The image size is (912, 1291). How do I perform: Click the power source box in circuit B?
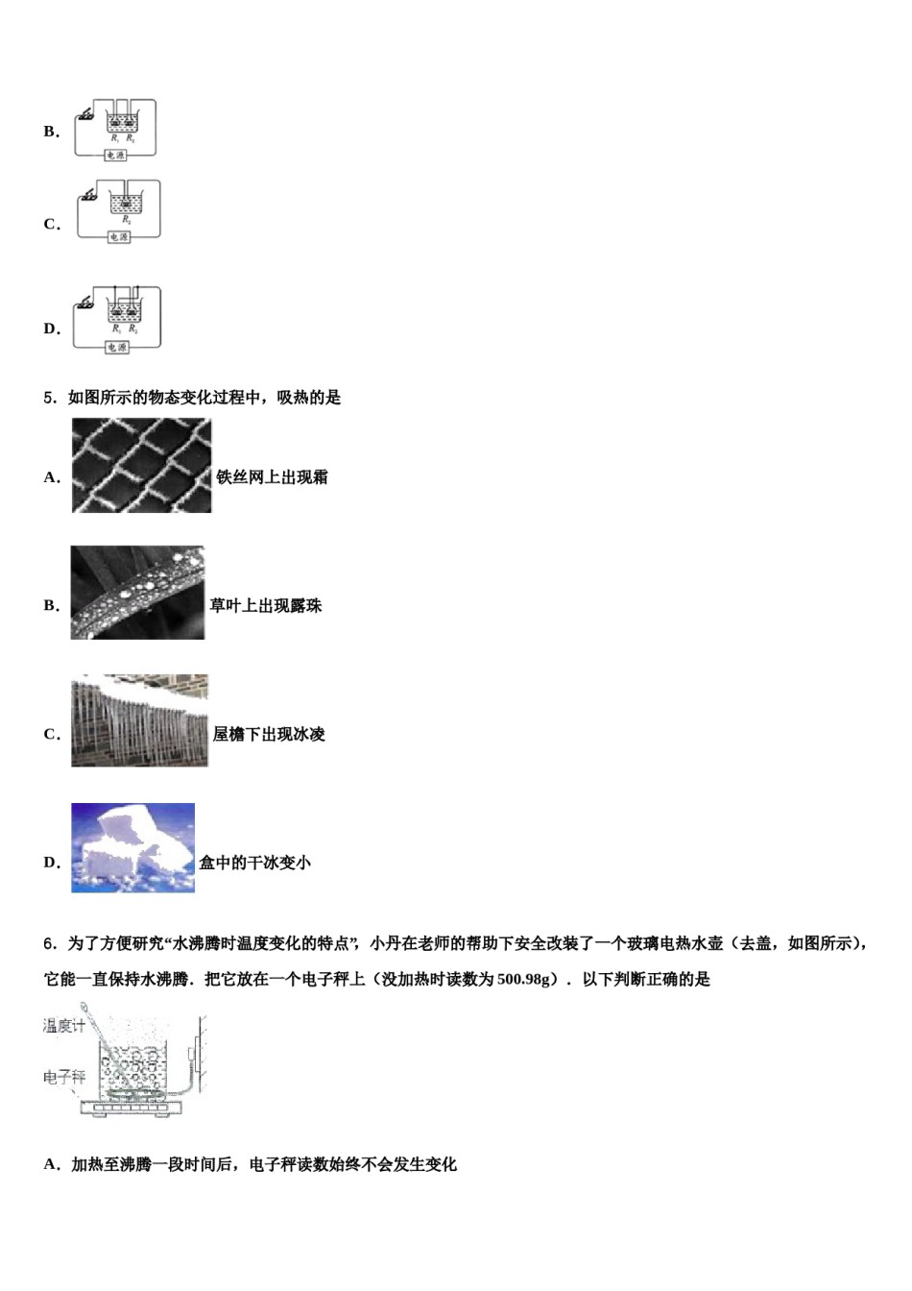116,155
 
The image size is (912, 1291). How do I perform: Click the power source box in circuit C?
118,236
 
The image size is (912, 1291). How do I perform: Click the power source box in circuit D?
117,347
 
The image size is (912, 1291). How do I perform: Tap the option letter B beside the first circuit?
51,132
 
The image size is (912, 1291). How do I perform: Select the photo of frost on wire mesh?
141,466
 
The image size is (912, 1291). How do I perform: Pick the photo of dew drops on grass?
137,593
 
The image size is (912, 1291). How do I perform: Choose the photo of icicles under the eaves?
139,720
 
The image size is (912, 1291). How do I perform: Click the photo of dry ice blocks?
132,848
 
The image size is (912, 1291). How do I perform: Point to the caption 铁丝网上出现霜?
272,477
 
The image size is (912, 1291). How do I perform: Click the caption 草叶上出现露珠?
266,606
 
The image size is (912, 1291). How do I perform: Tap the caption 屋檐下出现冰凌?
269,735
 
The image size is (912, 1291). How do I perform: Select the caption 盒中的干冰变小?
254,863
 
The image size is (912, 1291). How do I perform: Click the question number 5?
48,398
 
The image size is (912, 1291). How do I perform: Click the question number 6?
48,943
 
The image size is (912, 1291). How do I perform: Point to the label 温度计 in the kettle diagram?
64,1026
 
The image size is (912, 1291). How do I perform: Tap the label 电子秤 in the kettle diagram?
64,1077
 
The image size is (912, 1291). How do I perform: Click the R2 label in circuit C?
126,219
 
